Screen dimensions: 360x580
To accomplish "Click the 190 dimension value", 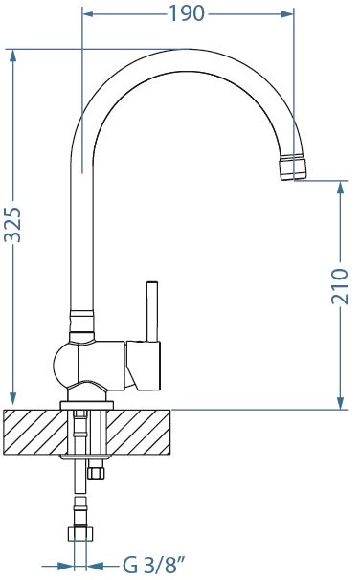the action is [187, 13].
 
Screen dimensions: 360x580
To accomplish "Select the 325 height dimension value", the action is [13, 225].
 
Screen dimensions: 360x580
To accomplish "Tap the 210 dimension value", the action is [340, 287].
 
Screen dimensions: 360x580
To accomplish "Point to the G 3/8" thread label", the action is [153, 566].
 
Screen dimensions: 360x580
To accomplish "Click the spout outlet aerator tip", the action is [293, 167].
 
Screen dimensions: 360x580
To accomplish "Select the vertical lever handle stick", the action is [152, 311].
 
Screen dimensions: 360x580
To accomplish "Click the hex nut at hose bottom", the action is [81, 534].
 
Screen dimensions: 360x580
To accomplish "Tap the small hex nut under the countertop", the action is [96, 473].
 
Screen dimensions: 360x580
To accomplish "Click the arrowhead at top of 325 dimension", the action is [13, 56].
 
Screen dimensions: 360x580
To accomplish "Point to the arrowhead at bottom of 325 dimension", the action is [13, 399].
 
